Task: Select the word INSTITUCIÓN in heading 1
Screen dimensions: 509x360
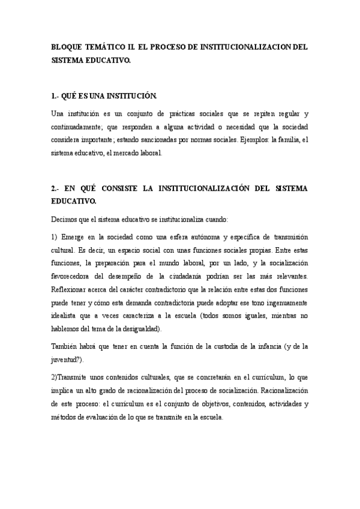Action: coord(127,96)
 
